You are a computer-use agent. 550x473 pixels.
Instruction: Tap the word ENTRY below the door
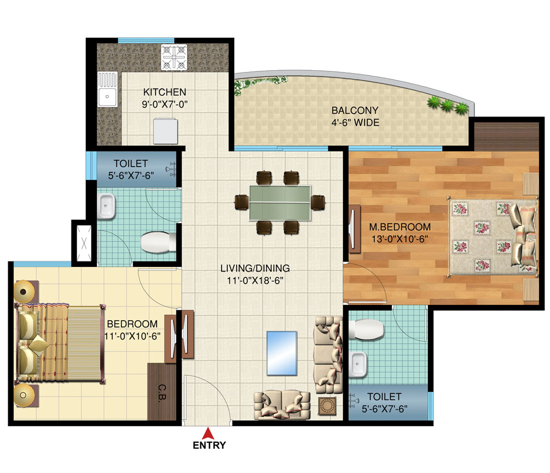(209, 446)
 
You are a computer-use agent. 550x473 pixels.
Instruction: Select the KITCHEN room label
(164, 92)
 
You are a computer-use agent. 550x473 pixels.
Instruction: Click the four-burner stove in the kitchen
(175, 57)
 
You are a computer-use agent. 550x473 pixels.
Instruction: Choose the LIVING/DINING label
(255, 269)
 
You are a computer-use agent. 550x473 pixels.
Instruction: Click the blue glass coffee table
(281, 353)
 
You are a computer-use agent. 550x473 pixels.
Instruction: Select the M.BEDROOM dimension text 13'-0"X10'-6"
(399, 238)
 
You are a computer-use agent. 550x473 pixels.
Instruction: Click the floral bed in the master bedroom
(492, 237)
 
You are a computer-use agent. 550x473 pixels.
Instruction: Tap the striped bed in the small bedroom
(61, 344)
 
